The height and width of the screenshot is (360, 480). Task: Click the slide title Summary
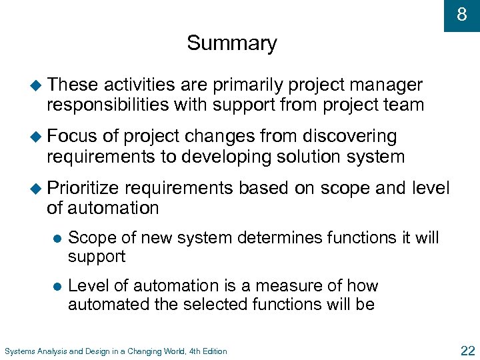231,43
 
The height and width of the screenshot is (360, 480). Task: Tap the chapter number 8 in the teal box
461,15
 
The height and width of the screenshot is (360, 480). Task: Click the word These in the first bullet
73,85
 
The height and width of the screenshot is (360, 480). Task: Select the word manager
389,85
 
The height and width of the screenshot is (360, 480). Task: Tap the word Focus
72,137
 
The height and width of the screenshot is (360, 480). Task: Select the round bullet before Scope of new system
56,238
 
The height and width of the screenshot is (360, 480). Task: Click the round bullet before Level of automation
56,287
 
